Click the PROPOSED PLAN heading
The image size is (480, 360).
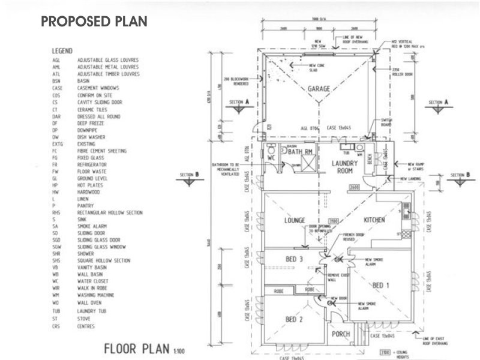pos(94,22)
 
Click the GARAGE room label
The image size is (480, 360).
pos(319,89)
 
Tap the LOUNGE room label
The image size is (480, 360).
pos(295,220)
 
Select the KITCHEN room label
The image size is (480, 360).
pos(374,220)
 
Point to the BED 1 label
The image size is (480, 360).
pos(380,286)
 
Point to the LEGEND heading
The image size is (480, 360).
pos(62,52)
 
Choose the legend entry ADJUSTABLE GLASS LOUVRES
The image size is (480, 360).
pos(108,61)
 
